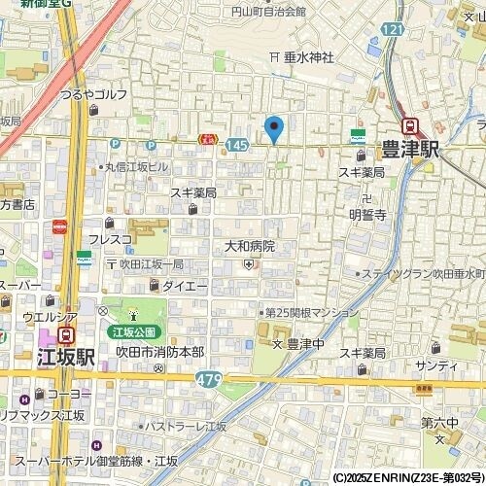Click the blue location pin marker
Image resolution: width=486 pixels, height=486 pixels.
click(x=274, y=128)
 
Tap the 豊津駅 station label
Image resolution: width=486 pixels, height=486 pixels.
click(x=410, y=151)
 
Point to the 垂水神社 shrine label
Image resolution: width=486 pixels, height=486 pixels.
click(x=309, y=58)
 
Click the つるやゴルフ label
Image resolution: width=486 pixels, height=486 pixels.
click(x=93, y=94)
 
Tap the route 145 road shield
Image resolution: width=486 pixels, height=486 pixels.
click(x=233, y=144)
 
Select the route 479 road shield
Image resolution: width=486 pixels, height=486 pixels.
click(x=207, y=377)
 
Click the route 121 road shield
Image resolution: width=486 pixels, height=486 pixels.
click(x=392, y=31)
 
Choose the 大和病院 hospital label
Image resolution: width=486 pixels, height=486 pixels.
click(x=250, y=247)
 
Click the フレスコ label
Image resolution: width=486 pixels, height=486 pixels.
click(x=110, y=239)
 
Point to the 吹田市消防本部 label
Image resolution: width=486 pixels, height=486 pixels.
click(x=159, y=351)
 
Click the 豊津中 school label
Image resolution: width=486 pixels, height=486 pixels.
click(x=304, y=343)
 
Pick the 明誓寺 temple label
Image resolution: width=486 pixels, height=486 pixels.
click(x=367, y=215)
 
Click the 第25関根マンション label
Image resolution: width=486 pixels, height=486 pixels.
click(x=312, y=313)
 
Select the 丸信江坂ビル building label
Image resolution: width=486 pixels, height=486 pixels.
click(x=138, y=166)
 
